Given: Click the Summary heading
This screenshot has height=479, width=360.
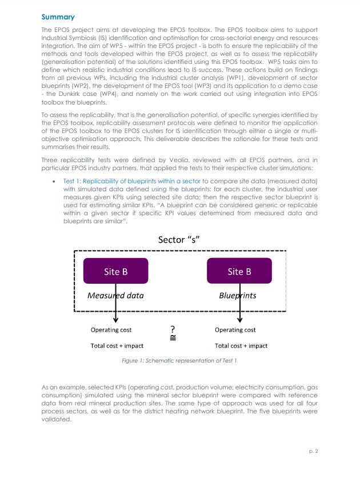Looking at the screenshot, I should pos(58,18).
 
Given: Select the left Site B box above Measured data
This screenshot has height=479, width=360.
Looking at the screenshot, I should pos(115,271).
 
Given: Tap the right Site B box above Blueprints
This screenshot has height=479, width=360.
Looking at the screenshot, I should pos(239,271).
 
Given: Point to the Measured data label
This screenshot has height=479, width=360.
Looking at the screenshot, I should pos(115,296).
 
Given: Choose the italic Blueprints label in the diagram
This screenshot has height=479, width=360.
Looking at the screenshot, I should pos(238,296).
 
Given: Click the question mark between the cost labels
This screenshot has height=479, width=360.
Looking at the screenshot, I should pos(173,329).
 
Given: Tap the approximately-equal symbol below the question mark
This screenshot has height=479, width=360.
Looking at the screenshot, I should pos(173,338).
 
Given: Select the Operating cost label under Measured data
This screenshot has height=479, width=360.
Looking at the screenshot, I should pos(111,330).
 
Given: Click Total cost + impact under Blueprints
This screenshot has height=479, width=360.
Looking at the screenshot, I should pos(241,345).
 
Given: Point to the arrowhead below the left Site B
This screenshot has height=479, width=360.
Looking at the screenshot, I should pos(116,320).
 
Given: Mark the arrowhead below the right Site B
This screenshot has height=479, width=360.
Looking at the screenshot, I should pos(239,320).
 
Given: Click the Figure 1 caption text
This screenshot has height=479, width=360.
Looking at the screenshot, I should pos(179,361).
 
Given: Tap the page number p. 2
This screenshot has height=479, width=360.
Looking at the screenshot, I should pos(313,451).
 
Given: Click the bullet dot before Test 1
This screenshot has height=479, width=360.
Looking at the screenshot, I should pos(53,181).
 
